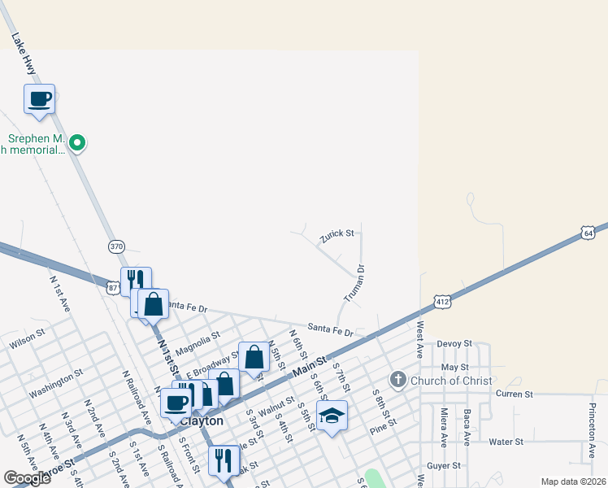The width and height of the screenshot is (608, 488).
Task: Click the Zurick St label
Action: point(337,234)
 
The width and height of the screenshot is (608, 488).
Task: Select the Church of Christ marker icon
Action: point(398,380)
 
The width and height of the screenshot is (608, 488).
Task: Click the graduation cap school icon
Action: point(332,416)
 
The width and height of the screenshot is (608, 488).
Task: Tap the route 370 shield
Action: point(115,246)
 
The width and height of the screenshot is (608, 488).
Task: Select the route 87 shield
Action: point(113,287)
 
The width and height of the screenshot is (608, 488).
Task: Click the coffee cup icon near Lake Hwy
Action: point(40,99)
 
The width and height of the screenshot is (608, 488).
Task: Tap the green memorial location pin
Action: point(77,144)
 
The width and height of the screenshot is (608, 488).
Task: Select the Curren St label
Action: point(515,394)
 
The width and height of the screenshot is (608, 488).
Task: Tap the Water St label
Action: point(506,442)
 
